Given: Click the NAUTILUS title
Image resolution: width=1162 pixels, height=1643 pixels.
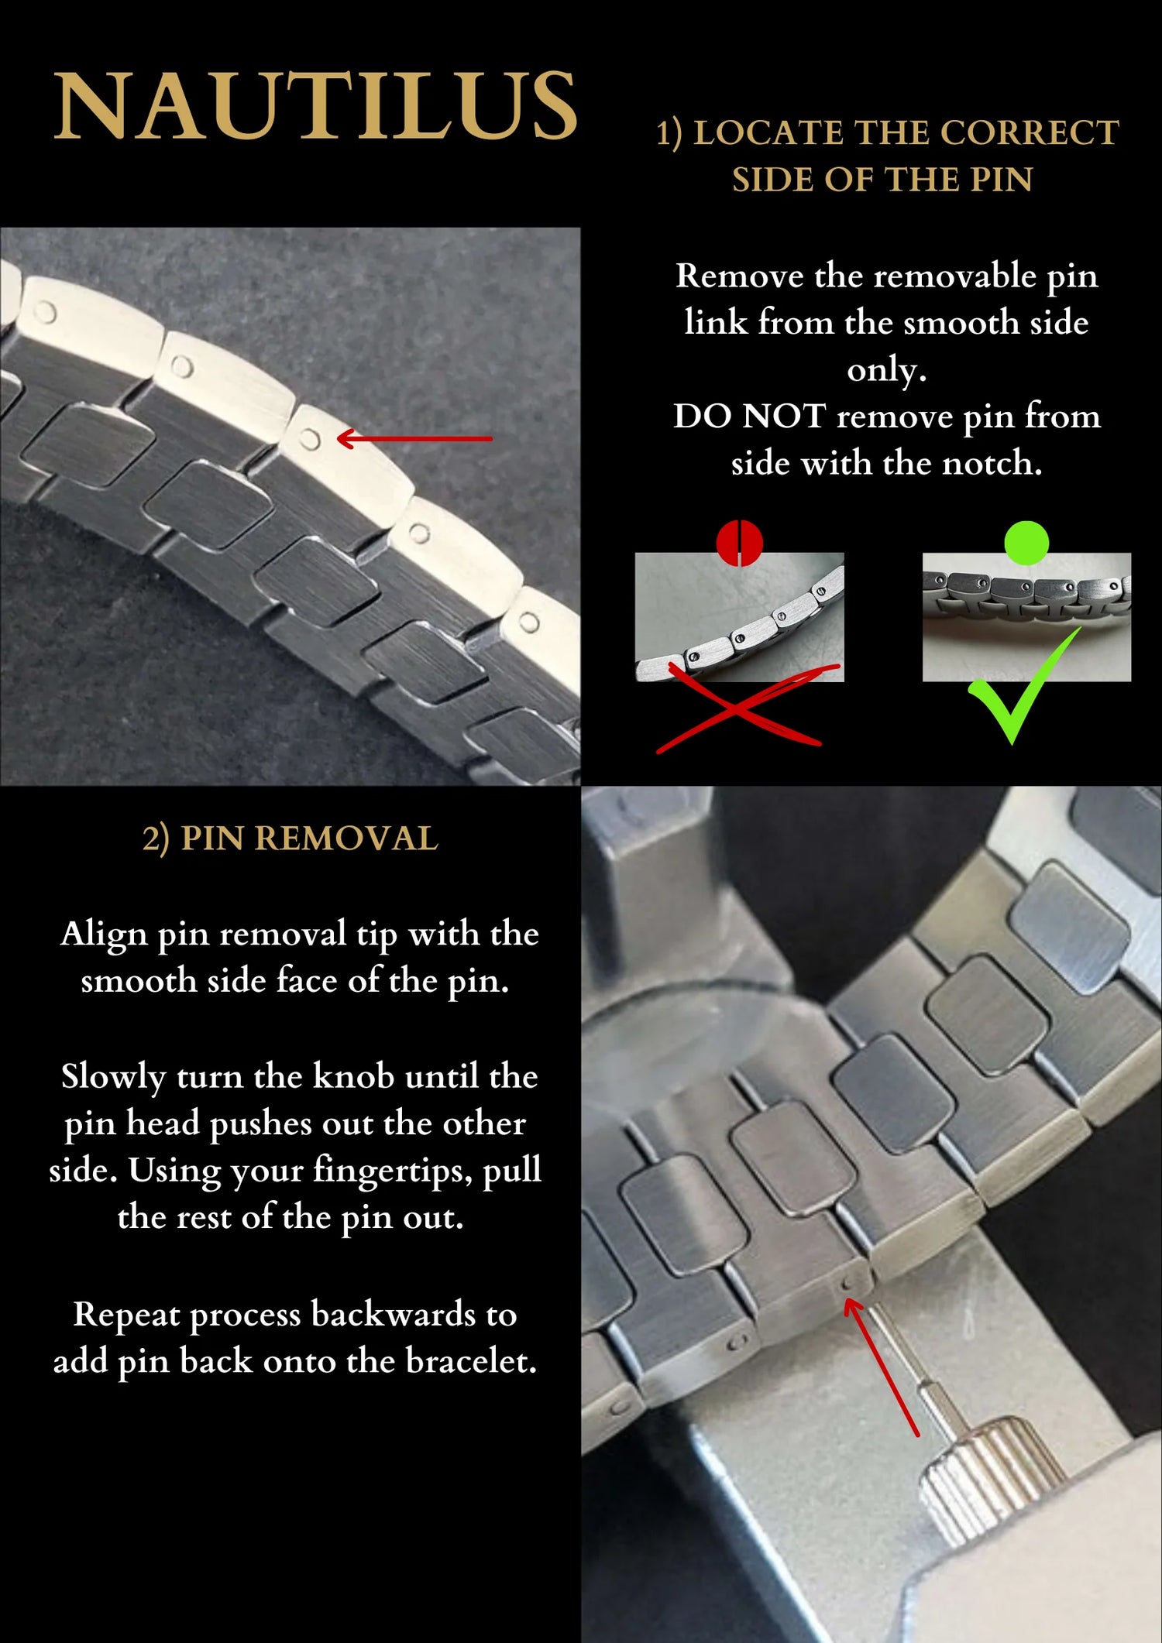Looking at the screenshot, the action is [316, 106].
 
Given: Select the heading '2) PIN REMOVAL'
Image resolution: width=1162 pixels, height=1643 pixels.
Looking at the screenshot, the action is [290, 839].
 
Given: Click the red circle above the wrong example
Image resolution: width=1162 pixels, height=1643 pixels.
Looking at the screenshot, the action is [740, 543].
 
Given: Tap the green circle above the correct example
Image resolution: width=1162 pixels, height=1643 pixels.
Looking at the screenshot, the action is [1026, 543].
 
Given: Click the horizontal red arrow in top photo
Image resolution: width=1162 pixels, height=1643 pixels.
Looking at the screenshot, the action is [414, 438].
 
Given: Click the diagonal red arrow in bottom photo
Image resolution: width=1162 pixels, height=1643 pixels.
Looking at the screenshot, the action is [881, 1367].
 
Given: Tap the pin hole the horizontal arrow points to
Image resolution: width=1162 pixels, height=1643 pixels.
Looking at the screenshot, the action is [310, 439].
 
